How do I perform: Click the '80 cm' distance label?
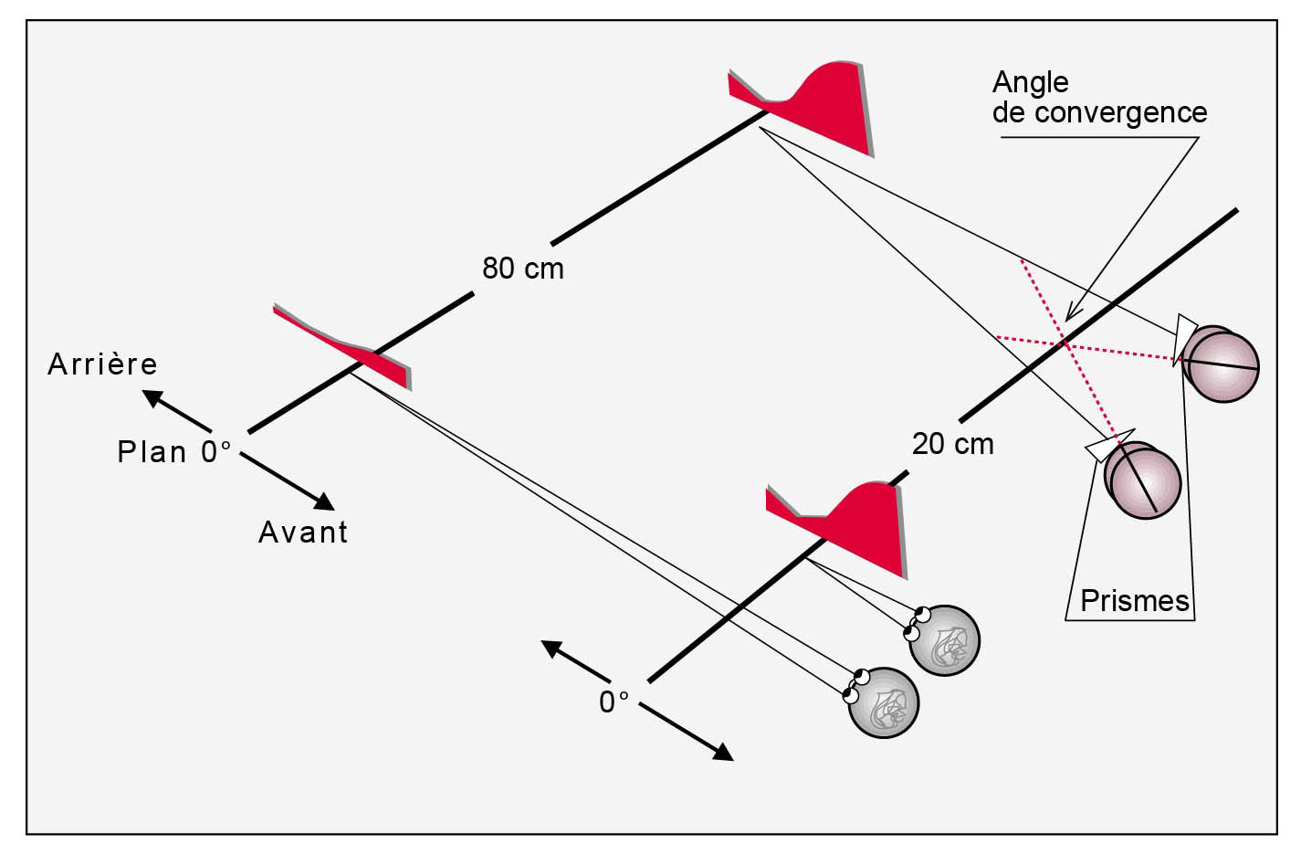(523, 268)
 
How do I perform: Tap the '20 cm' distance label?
(953, 444)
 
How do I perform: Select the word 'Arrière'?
(102, 364)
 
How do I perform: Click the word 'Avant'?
(302, 532)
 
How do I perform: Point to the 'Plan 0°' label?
(174, 451)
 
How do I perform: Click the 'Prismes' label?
(1134, 600)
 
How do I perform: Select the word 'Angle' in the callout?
(1031, 82)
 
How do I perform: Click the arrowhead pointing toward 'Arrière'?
(152, 398)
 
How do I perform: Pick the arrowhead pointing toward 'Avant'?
(324, 501)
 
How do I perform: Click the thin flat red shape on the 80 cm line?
(342, 346)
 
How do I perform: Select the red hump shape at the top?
(802, 108)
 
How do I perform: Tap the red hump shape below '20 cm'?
(837, 530)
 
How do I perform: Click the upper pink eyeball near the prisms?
(1221, 364)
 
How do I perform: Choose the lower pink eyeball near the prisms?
(1142, 480)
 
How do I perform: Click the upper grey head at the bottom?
(944, 640)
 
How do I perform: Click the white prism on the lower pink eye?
(1108, 445)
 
